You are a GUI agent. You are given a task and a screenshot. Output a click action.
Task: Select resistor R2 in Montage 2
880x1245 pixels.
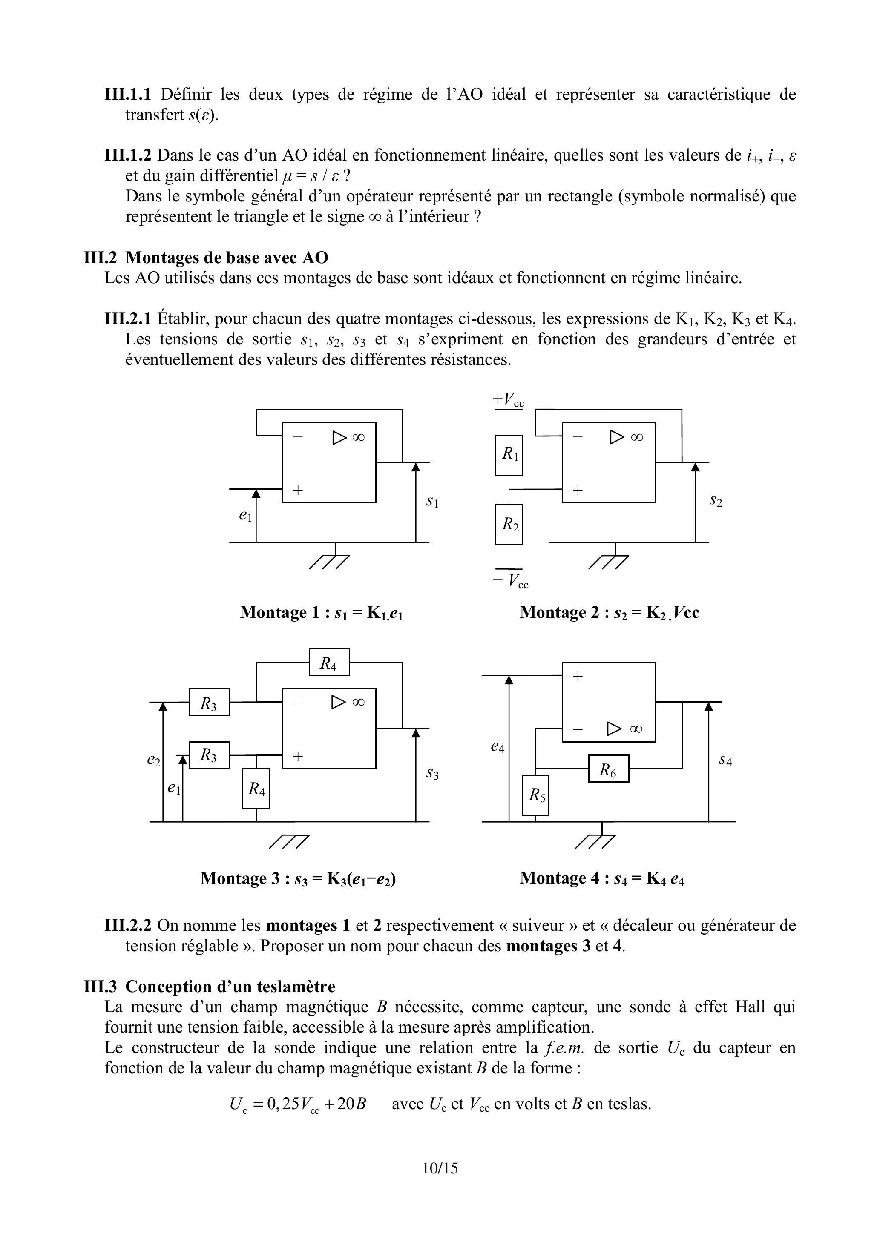(x=509, y=524)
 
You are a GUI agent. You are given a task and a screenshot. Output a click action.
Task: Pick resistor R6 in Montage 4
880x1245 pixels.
(x=608, y=769)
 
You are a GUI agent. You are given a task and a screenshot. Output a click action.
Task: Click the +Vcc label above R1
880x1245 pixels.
(x=508, y=400)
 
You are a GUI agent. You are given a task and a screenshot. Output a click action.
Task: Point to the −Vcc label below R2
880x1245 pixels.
(x=510, y=581)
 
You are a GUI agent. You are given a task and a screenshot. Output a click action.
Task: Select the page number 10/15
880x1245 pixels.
(x=440, y=1168)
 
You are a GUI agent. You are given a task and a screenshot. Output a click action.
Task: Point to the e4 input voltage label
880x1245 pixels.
(x=498, y=747)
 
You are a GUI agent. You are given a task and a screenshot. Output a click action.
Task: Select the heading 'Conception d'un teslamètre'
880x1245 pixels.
(x=230, y=987)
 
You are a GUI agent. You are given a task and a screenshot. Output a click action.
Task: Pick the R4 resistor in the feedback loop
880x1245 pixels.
(x=329, y=662)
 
